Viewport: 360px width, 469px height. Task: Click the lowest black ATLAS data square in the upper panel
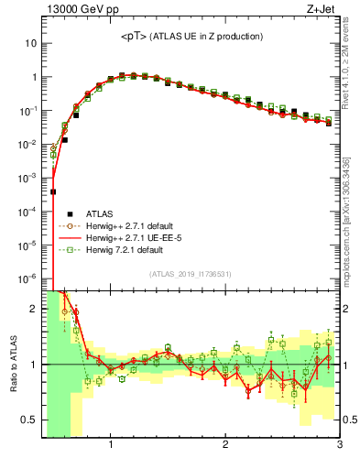(53, 191)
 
